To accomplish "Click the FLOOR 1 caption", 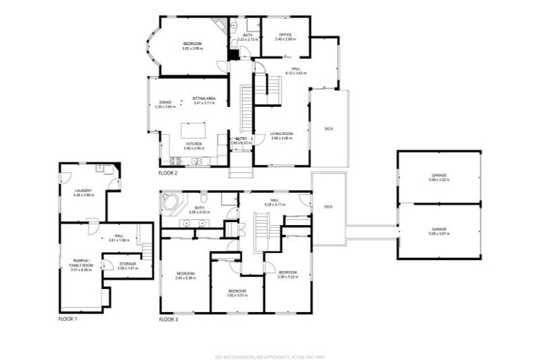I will pyautogui.click(x=68, y=319).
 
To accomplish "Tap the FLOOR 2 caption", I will pyautogui.click(x=168, y=172).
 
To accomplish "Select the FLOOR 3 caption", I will pyautogui.click(x=168, y=319).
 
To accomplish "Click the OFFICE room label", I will pyautogui.click(x=285, y=34).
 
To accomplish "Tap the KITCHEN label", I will pyautogui.click(x=193, y=144).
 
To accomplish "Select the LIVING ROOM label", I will pyautogui.click(x=281, y=134).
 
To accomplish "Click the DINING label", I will pyautogui.click(x=165, y=102).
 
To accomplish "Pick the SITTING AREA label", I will pyautogui.click(x=204, y=98).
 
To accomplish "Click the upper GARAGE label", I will pyautogui.click(x=439, y=175).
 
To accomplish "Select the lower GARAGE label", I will pyautogui.click(x=439, y=229).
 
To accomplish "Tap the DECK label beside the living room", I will pyautogui.click(x=328, y=129).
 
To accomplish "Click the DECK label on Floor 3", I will pyautogui.click(x=328, y=206).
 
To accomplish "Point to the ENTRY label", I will pyautogui.click(x=241, y=139).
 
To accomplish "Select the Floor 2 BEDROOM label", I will pyautogui.click(x=193, y=44).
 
